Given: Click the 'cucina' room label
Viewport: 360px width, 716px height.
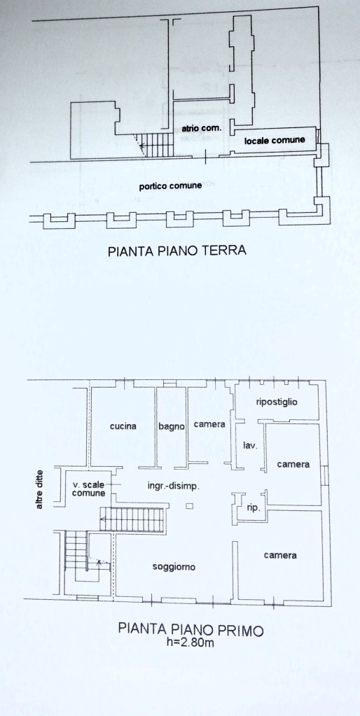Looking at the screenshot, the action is coord(123,426).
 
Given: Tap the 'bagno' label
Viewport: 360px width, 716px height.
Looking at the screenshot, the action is coord(172,427).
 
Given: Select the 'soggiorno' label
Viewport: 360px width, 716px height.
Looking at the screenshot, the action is coord(174,567).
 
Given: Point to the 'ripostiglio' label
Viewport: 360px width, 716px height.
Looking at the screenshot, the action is coord(277,402).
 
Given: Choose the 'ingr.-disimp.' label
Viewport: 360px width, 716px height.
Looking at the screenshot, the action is coord(174,486).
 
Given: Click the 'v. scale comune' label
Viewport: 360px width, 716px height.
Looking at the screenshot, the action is coord(89,489).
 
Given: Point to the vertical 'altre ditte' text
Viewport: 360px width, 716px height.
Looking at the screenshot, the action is coord(40,490).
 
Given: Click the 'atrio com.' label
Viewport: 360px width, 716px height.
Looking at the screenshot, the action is coord(202,128).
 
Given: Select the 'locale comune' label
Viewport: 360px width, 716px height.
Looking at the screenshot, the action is coord(275,141).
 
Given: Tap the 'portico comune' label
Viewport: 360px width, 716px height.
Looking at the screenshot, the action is coord(171,186).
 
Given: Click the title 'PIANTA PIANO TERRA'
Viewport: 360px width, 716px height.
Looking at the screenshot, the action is coord(177,251).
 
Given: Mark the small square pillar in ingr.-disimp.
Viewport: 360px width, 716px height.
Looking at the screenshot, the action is coord(190,506).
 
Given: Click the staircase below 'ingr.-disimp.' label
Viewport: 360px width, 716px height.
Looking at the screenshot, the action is coord(132,519).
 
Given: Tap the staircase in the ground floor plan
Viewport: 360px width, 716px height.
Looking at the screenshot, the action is coord(156,144).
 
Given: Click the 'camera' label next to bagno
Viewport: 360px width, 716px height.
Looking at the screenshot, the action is coord(209,424).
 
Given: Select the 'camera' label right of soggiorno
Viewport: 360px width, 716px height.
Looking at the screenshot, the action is coord(280,555).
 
